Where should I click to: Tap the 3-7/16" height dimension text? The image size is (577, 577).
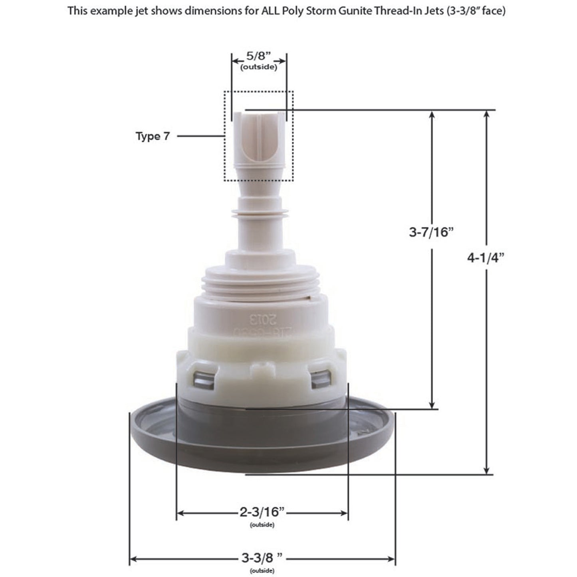click(x=432, y=232)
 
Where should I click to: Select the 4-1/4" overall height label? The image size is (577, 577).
click(x=486, y=258)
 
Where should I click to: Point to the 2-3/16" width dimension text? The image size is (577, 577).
click(x=262, y=512)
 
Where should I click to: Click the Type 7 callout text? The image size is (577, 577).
click(x=153, y=136)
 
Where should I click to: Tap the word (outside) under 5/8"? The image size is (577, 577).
click(x=258, y=67)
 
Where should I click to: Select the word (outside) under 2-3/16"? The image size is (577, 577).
click(x=262, y=525)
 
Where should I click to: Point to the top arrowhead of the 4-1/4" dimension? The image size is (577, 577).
click(x=486, y=113)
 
